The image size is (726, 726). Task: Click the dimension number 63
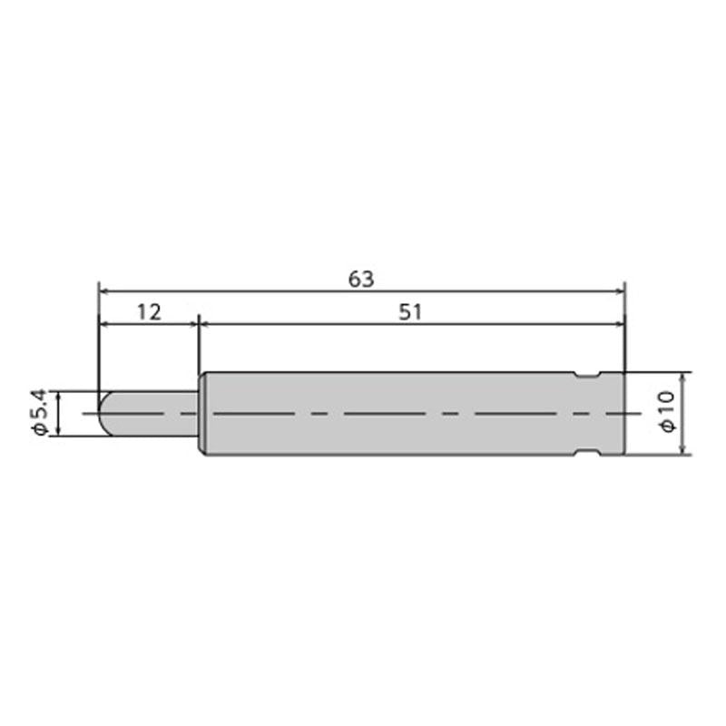click(x=361, y=280)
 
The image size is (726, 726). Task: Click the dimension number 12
click(x=149, y=312)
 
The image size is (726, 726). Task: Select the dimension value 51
click(x=410, y=312)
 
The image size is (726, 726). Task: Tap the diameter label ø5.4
click(x=40, y=413)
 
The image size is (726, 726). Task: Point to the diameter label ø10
click(x=668, y=412)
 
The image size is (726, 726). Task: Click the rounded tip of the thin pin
click(x=104, y=414)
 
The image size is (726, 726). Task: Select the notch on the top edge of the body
click(x=587, y=376)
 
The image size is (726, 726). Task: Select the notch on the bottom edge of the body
click(x=587, y=451)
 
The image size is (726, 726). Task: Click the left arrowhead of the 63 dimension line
click(x=104, y=291)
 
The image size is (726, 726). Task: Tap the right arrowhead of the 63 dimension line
click(x=620, y=291)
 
